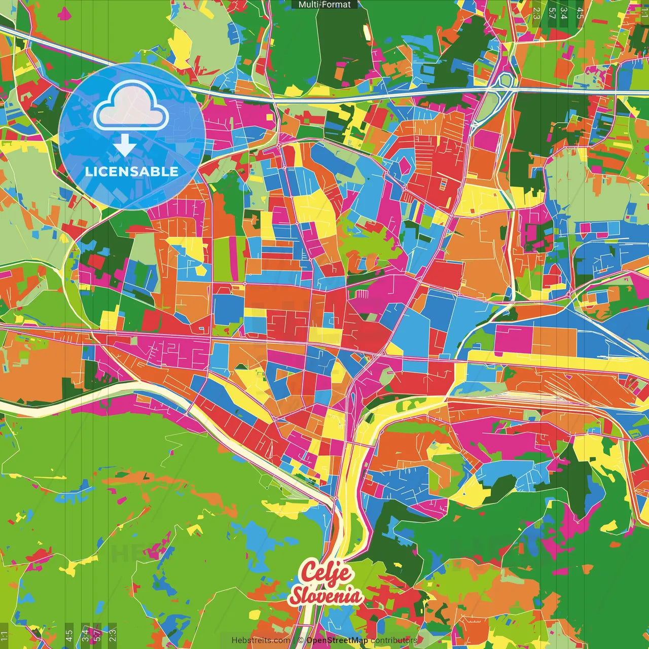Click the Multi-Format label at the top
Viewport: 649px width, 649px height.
pyautogui.click(x=324, y=5)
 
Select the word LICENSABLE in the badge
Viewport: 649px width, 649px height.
pyautogui.click(x=131, y=171)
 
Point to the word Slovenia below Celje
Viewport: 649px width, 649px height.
pyautogui.click(x=326, y=596)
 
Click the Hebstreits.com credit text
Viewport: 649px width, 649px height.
pyautogui.click(x=261, y=640)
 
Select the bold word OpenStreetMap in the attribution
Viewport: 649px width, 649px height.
pyautogui.click(x=337, y=640)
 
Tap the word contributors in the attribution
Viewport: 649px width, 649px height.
pyautogui.click(x=394, y=640)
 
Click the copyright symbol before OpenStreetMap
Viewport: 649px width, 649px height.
pyautogui.click(x=301, y=640)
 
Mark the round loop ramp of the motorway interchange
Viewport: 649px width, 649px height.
pyautogui.click(x=506, y=80)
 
